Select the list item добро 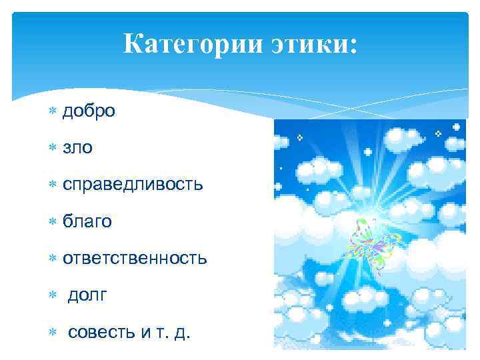coord(89,111)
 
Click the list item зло coord(78,148)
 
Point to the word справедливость coord(133,185)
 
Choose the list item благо coord(87,221)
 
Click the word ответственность coord(135,258)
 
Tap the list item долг coord(87,295)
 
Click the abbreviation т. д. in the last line coord(174,331)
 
